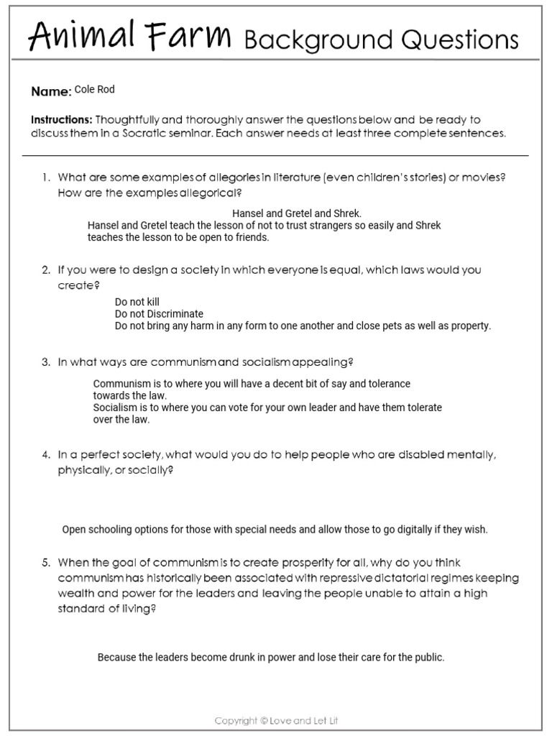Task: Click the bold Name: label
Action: click(51, 91)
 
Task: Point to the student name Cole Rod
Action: click(94, 90)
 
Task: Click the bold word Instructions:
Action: click(62, 119)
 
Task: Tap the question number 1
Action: click(45, 178)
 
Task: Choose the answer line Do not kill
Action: click(137, 303)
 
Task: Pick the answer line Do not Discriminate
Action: click(159, 314)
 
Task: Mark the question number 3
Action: click(45, 362)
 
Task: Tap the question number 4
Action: click(45, 455)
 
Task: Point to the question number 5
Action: click(45, 563)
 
